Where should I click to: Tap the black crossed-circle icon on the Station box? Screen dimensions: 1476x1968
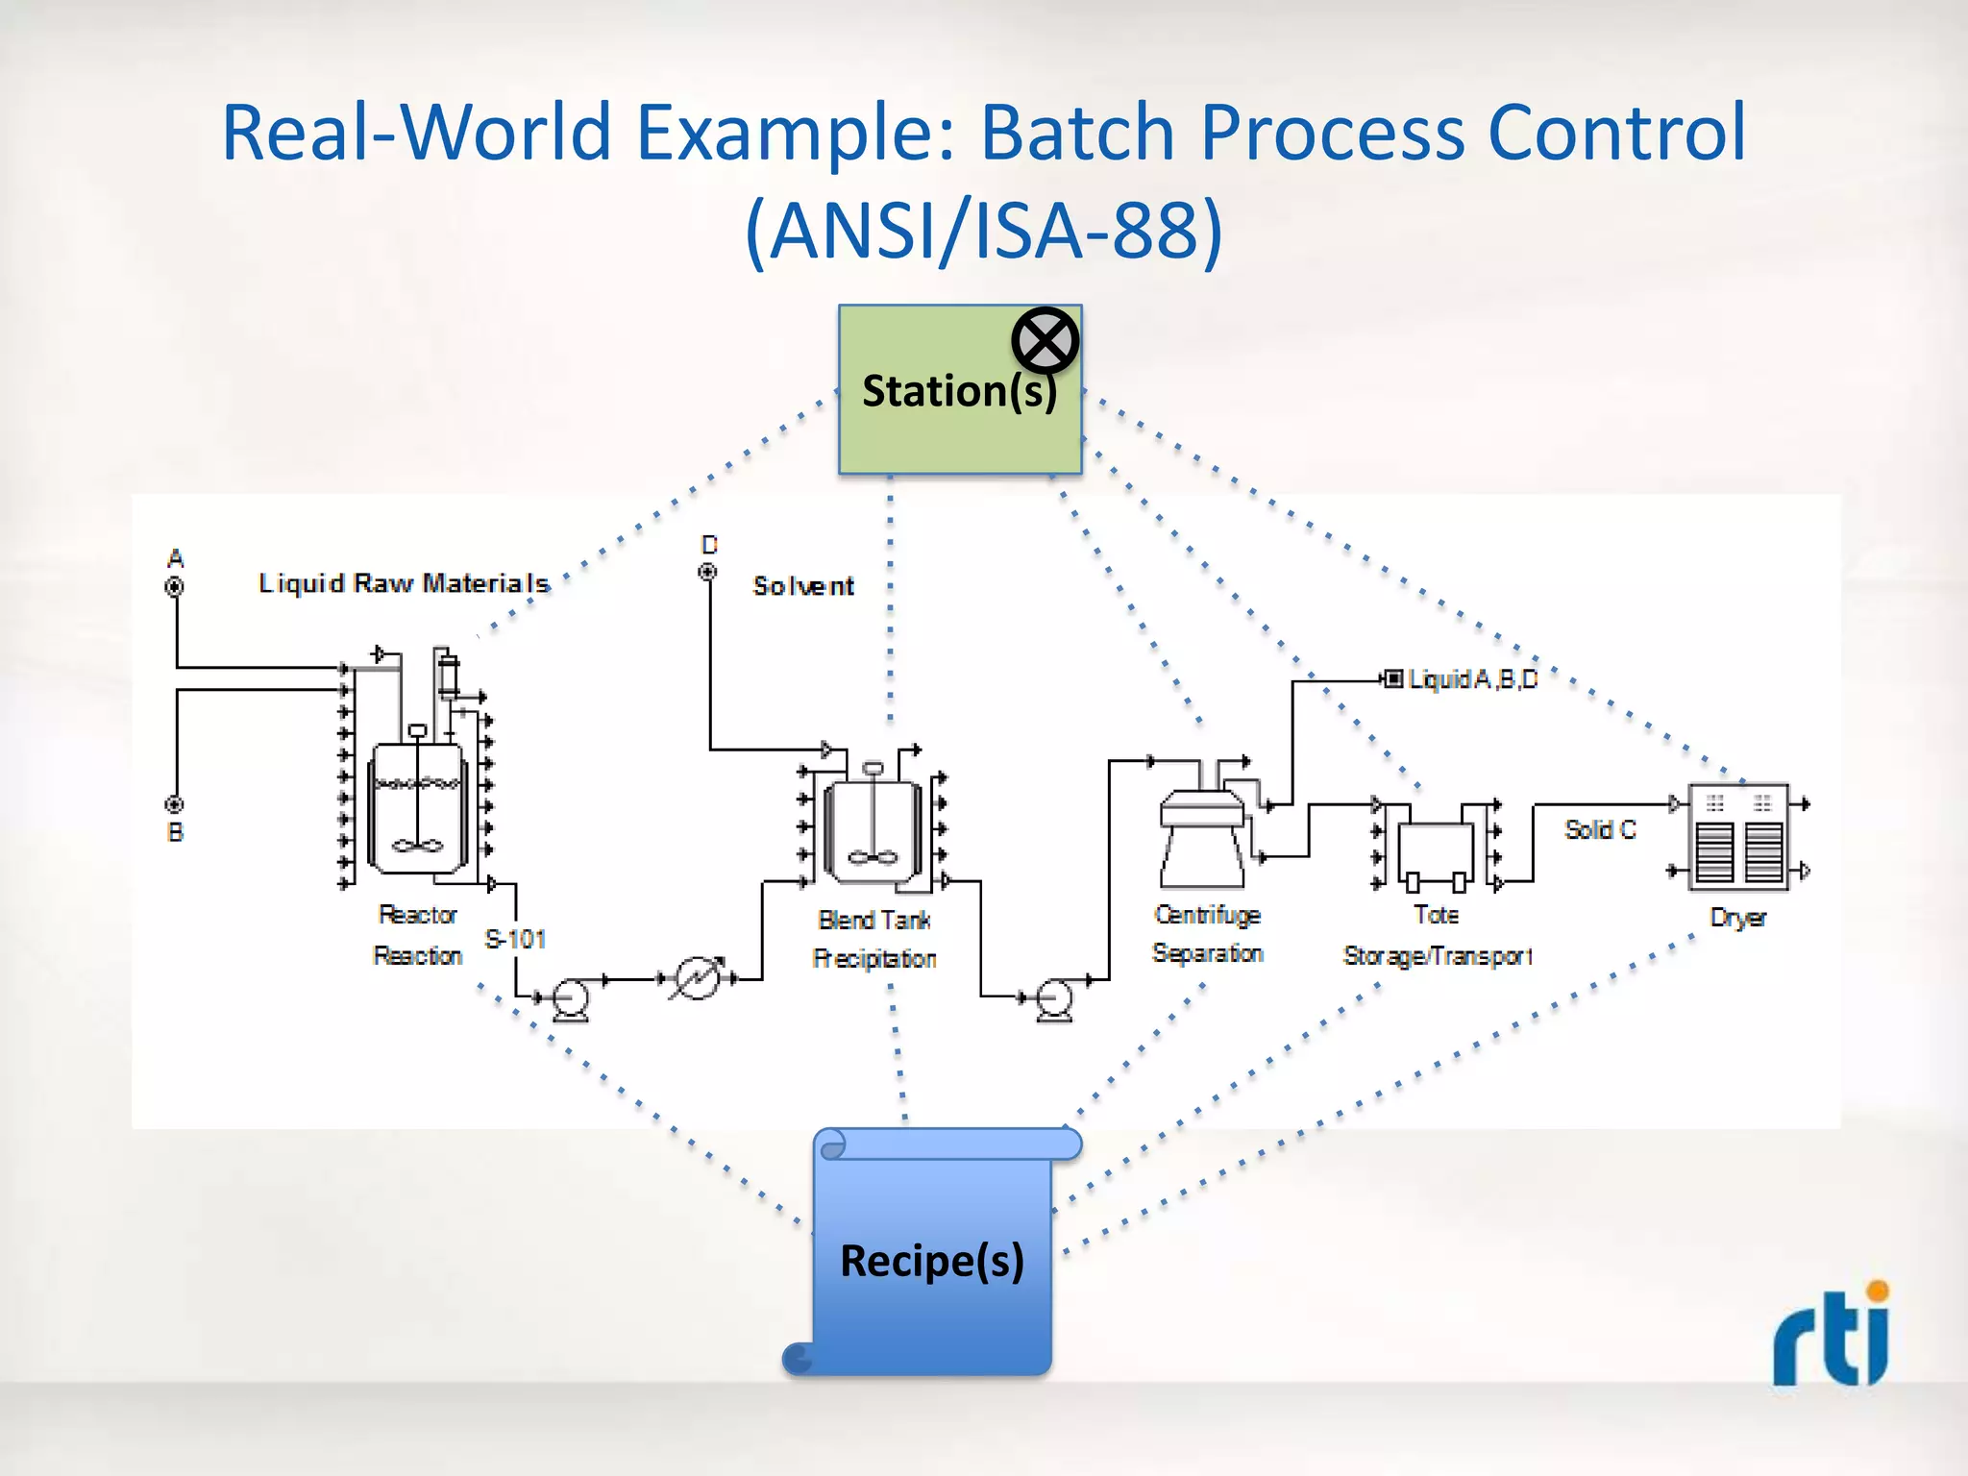tap(1045, 340)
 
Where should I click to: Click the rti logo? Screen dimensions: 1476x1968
tap(1832, 1336)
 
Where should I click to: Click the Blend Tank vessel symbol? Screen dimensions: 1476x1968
tap(873, 828)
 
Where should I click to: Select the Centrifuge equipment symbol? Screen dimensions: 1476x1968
tap(1201, 836)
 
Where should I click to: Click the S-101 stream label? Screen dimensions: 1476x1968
tap(515, 939)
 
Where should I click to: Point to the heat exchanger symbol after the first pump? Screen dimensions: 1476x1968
tap(697, 978)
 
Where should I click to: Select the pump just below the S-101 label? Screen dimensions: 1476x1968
tap(571, 999)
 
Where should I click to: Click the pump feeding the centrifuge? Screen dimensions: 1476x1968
tap(1055, 999)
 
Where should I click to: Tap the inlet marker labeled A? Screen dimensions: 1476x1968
tap(175, 586)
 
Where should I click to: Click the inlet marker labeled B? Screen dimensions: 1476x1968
tap(175, 804)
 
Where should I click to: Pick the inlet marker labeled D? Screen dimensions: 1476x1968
tap(707, 573)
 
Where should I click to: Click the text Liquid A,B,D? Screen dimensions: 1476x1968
tap(1471, 679)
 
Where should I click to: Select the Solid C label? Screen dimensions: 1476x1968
tap(1599, 829)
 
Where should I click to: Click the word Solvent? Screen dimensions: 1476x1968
tap(803, 586)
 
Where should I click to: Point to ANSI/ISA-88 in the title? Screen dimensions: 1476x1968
tap(983, 231)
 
